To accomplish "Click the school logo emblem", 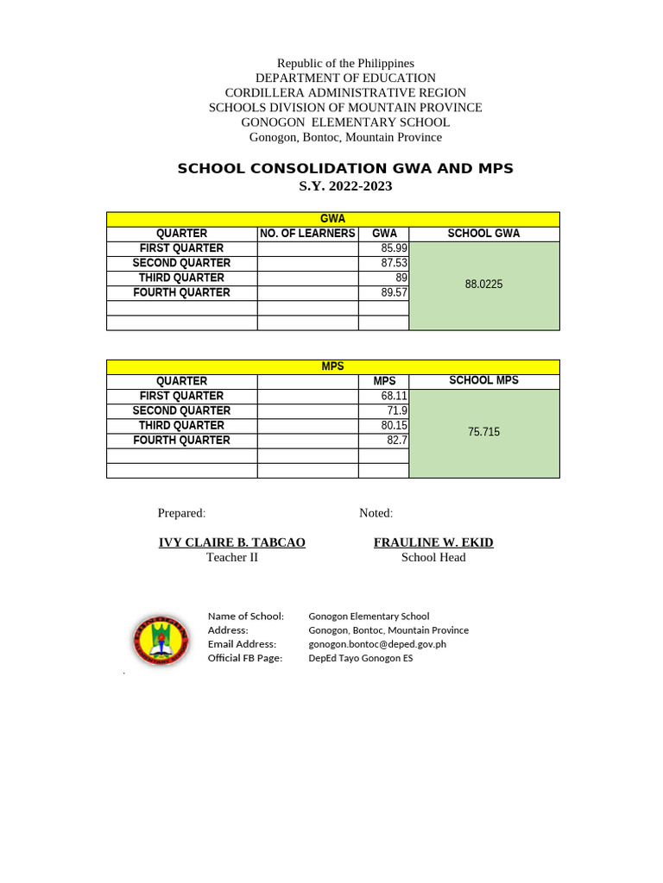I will [x=160, y=639].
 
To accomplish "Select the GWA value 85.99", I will [x=394, y=248].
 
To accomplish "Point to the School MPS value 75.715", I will [x=483, y=431].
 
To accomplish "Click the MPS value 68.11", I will [x=394, y=396].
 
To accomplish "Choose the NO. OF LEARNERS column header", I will [x=307, y=234].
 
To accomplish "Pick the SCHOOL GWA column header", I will [x=483, y=234].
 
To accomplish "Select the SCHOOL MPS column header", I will [x=483, y=380].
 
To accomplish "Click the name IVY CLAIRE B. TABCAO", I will [x=232, y=542].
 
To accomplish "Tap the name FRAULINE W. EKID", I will [x=433, y=542].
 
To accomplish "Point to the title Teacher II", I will [x=232, y=557].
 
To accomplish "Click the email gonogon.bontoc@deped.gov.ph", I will [x=377, y=644].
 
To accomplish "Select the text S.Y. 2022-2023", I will [x=345, y=185].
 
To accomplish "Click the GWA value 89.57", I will [x=394, y=292].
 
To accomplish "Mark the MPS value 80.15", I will [x=394, y=425].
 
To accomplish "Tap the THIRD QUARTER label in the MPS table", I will [x=181, y=425].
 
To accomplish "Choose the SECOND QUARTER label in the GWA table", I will [x=181, y=263].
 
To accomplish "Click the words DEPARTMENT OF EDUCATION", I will [x=345, y=78].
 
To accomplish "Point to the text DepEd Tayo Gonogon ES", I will [x=361, y=658].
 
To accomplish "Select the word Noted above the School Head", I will [x=376, y=513].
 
